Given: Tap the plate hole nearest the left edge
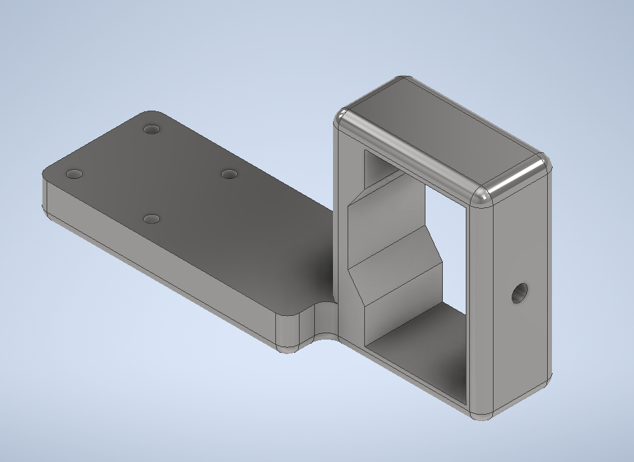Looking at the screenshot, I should [74, 173].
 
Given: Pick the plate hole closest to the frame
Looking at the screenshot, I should [229, 173].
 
